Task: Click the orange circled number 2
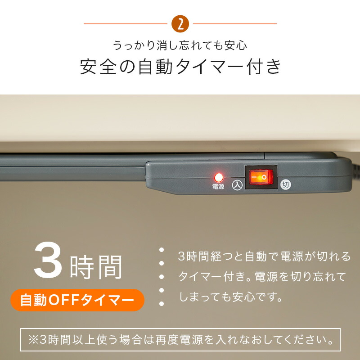(180, 24)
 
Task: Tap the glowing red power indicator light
(219, 177)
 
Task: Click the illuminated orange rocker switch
(261, 177)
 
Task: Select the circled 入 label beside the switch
(237, 185)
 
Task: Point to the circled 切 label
(286, 184)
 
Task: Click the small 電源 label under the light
(218, 186)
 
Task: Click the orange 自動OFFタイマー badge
(77, 300)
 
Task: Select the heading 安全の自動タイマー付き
(180, 67)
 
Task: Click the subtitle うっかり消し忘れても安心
(180, 45)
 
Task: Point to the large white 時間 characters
(96, 267)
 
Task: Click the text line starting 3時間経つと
(264, 256)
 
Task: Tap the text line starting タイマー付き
(262, 276)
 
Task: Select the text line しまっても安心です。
(231, 297)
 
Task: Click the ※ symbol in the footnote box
(33, 340)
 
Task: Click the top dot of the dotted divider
(162, 250)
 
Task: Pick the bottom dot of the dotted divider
(162, 303)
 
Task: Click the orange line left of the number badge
(126, 24)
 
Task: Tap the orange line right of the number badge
(234, 24)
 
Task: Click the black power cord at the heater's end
(355, 166)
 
